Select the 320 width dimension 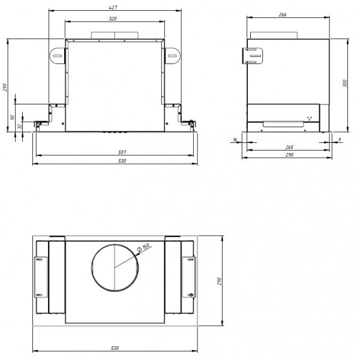pyautogui.click(x=113, y=19)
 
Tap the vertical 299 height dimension pyautogui.click(x=5, y=88)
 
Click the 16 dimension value pyautogui.click(x=235, y=140)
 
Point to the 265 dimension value pyautogui.click(x=289, y=147)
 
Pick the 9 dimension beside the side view pyautogui.click(x=340, y=140)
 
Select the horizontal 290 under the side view pyautogui.click(x=289, y=155)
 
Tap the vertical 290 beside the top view pyautogui.click(x=220, y=280)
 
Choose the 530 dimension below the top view pyautogui.click(x=114, y=348)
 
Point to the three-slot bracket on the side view pyautogui.click(x=253, y=55)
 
